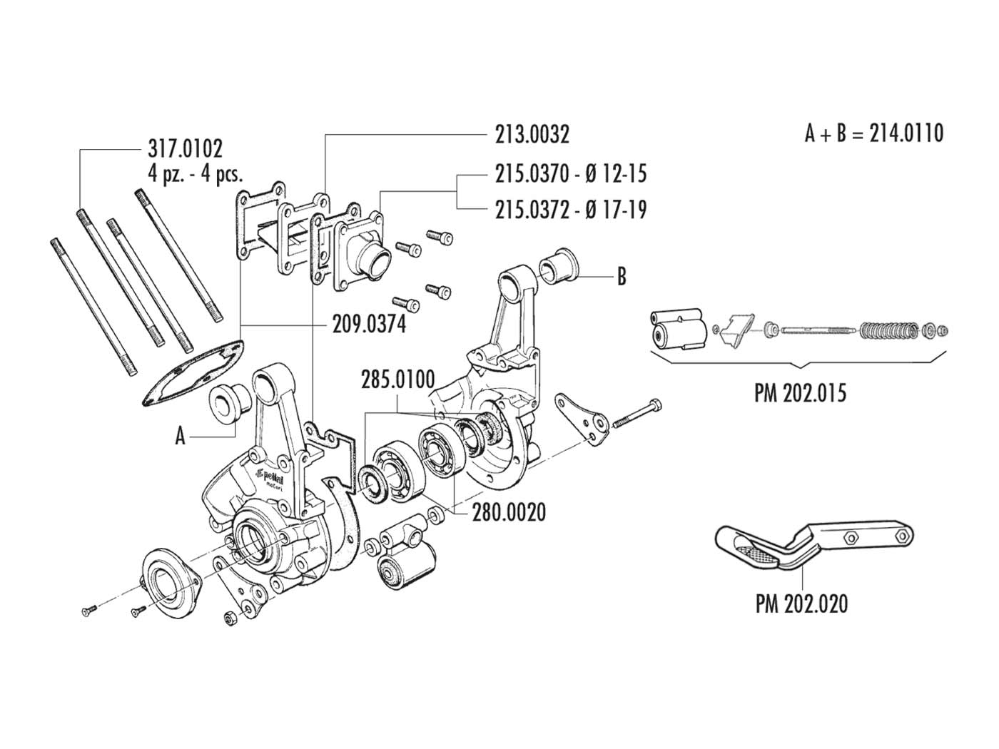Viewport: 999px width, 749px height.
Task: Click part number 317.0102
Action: pyautogui.click(x=185, y=148)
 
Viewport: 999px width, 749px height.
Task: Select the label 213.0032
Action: pyautogui.click(x=532, y=134)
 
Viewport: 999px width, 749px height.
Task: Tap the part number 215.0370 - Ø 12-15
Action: pyautogui.click(x=571, y=174)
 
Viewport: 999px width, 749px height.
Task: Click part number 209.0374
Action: pyautogui.click(x=369, y=325)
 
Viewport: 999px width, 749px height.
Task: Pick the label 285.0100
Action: pyautogui.click(x=397, y=379)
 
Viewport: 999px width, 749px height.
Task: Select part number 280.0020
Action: pyautogui.click(x=509, y=512)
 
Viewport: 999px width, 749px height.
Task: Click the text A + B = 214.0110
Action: pyautogui.click(x=874, y=133)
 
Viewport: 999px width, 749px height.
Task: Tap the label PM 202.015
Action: pyautogui.click(x=800, y=393)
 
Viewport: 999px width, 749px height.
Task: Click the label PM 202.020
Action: pyautogui.click(x=801, y=604)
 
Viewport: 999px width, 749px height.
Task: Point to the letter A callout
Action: pyautogui.click(x=181, y=436)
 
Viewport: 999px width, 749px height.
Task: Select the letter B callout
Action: pyautogui.click(x=621, y=277)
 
